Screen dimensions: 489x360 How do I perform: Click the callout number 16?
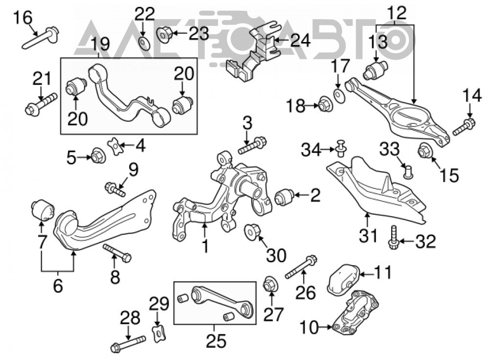[22, 18]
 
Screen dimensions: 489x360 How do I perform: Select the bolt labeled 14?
[464, 127]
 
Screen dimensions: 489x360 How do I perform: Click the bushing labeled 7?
[43, 210]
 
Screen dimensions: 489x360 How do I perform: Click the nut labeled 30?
[253, 232]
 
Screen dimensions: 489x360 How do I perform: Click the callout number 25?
[216, 340]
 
